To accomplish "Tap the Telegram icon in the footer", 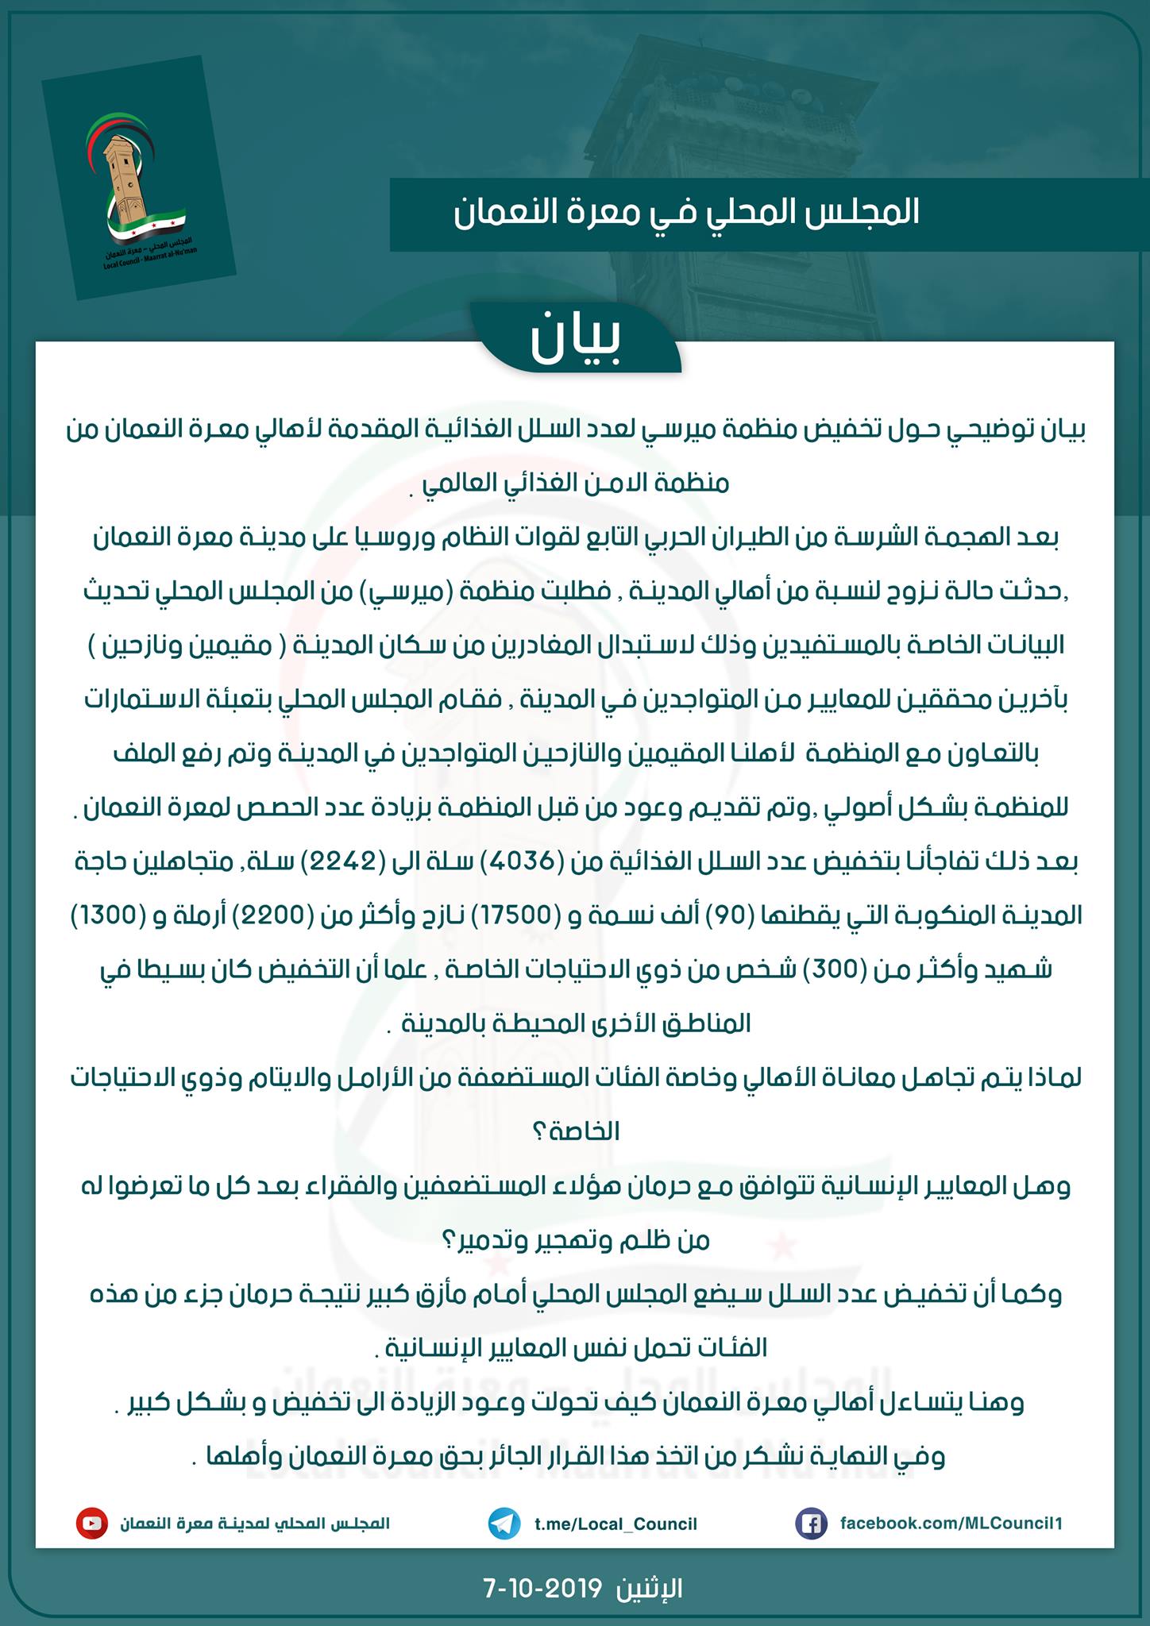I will (504, 1524).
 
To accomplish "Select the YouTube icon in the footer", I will (92, 1524).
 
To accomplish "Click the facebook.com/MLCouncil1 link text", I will (951, 1524).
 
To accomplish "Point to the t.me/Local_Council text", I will (616, 1524).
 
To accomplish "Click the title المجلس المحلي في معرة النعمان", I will (686, 212).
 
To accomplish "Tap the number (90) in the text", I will (722, 916).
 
